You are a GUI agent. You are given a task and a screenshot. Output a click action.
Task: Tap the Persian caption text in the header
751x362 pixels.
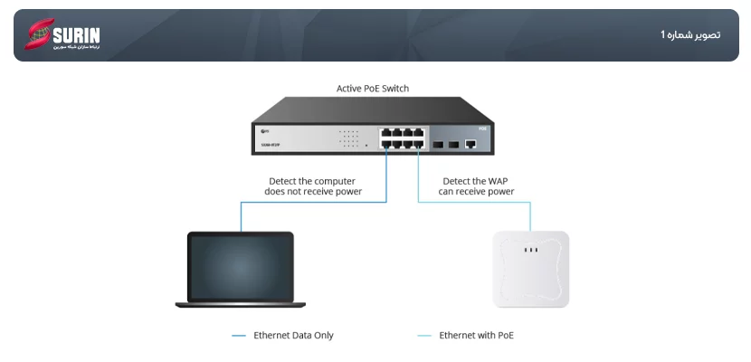click(689, 35)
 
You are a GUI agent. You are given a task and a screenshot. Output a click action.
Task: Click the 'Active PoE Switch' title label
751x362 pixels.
click(373, 89)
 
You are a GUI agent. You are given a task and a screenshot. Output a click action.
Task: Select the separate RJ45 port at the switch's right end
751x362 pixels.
click(470, 143)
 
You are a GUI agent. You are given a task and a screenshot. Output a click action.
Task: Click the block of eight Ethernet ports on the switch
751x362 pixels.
click(403, 138)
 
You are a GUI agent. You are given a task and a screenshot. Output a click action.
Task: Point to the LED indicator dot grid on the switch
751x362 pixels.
click(349, 138)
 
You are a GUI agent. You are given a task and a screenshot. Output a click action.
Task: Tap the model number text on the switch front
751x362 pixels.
click(270, 145)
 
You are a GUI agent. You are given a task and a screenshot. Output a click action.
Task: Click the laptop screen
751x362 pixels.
click(241, 265)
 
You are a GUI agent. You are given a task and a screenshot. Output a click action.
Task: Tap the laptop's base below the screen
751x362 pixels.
click(241, 304)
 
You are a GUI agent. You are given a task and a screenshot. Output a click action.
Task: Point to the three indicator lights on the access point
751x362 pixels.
click(531, 250)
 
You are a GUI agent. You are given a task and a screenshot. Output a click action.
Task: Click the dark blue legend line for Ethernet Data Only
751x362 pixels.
click(239, 336)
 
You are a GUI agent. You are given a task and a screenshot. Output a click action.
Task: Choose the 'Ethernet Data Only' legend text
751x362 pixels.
click(293, 336)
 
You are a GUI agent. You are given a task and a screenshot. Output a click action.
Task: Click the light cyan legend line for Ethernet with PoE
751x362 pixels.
click(424, 336)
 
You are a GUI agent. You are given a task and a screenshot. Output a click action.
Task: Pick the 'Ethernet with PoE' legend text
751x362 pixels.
click(477, 336)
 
